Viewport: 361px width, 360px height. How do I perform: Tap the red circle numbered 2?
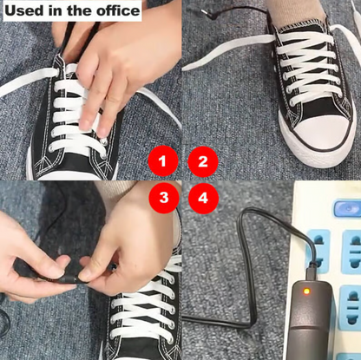(x=202, y=160)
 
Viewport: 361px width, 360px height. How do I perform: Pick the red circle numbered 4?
(x=202, y=197)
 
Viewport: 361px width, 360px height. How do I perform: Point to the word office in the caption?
(x=116, y=10)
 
